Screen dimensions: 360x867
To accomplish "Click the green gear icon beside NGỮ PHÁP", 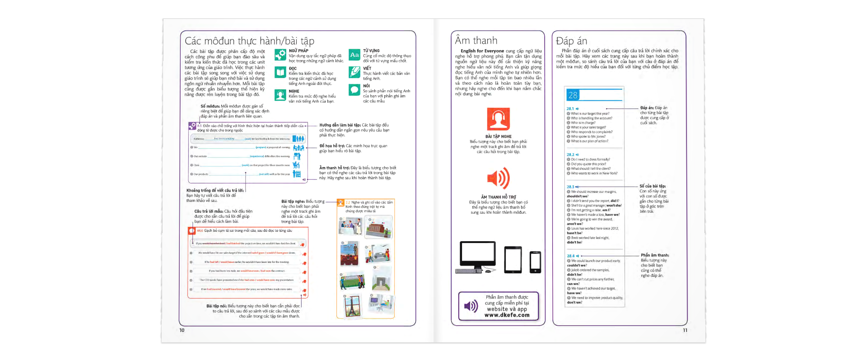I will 280,55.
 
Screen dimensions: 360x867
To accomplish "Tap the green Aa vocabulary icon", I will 354,55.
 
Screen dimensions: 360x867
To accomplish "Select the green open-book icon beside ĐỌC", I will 280,72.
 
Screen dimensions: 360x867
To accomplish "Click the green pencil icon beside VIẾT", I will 354,72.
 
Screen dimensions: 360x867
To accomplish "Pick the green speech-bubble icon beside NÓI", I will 354,89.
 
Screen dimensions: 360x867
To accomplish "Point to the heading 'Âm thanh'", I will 476,41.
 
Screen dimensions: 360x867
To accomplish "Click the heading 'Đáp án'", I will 571,41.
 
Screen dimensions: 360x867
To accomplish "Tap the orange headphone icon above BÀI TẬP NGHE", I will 498,119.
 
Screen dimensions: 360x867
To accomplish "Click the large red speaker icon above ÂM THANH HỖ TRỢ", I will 499,178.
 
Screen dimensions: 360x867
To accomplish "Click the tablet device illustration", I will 513,259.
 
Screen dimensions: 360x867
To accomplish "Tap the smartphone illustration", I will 535,262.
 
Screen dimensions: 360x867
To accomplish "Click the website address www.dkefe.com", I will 507,315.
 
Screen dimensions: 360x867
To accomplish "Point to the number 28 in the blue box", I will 573,95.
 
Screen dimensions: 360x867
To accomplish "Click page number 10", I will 182,330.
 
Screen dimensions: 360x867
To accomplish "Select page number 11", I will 685,330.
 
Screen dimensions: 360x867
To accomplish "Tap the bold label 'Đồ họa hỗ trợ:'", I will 332,146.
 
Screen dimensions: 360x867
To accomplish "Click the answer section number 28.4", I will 571,256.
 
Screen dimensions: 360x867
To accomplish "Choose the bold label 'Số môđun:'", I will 210,106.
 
